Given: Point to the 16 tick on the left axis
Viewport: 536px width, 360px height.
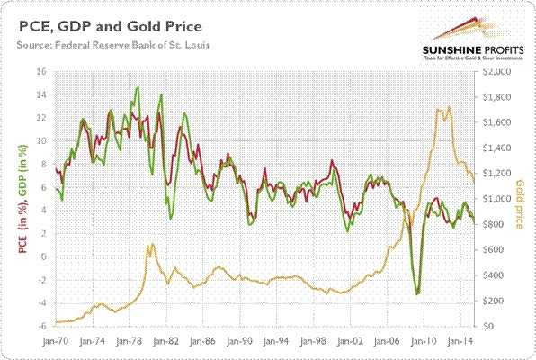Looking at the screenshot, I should coord(40,71).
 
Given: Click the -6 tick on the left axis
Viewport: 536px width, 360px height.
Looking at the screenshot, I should coord(40,327).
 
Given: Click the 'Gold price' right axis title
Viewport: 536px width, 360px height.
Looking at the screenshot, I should coord(523,203).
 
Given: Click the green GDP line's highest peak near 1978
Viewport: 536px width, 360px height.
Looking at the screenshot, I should coord(137,87).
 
